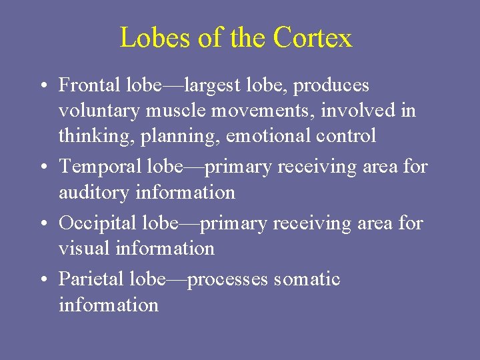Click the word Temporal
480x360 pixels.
98,167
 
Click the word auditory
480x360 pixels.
94,193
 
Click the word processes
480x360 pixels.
228,279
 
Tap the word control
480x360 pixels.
349,136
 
